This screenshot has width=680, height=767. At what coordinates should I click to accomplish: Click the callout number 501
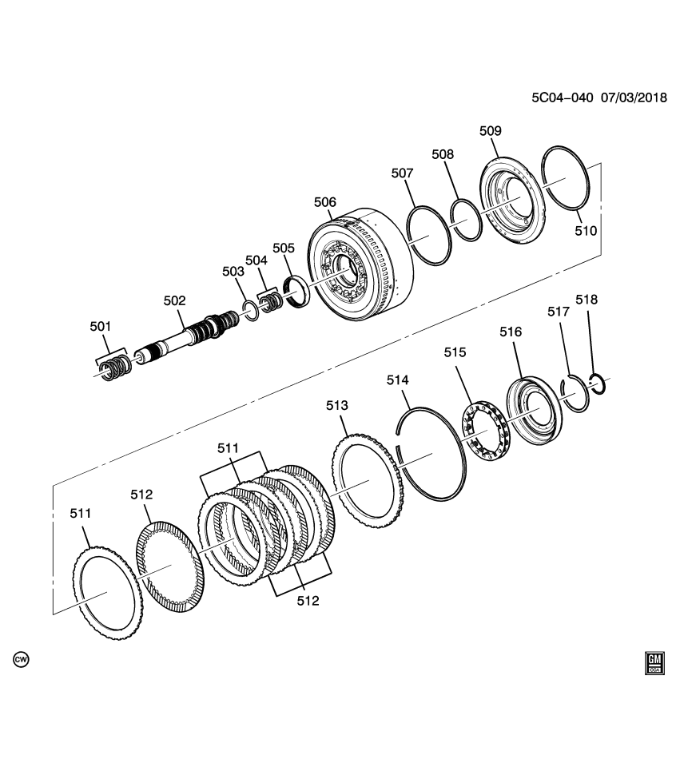click(x=101, y=326)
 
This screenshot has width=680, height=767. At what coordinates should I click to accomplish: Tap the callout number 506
click(x=324, y=203)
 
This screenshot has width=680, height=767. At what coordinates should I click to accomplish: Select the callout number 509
click(x=490, y=130)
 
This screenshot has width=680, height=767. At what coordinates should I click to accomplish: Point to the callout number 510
click(x=586, y=231)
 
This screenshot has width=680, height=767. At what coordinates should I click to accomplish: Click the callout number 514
click(x=398, y=380)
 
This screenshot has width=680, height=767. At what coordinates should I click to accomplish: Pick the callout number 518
click(x=587, y=300)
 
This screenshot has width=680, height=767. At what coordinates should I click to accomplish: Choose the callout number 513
click(x=337, y=406)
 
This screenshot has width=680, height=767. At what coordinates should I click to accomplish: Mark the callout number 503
click(x=233, y=272)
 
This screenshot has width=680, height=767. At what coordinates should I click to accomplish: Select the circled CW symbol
click(x=21, y=659)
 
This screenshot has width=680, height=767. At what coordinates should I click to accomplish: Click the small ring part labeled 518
click(x=598, y=383)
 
